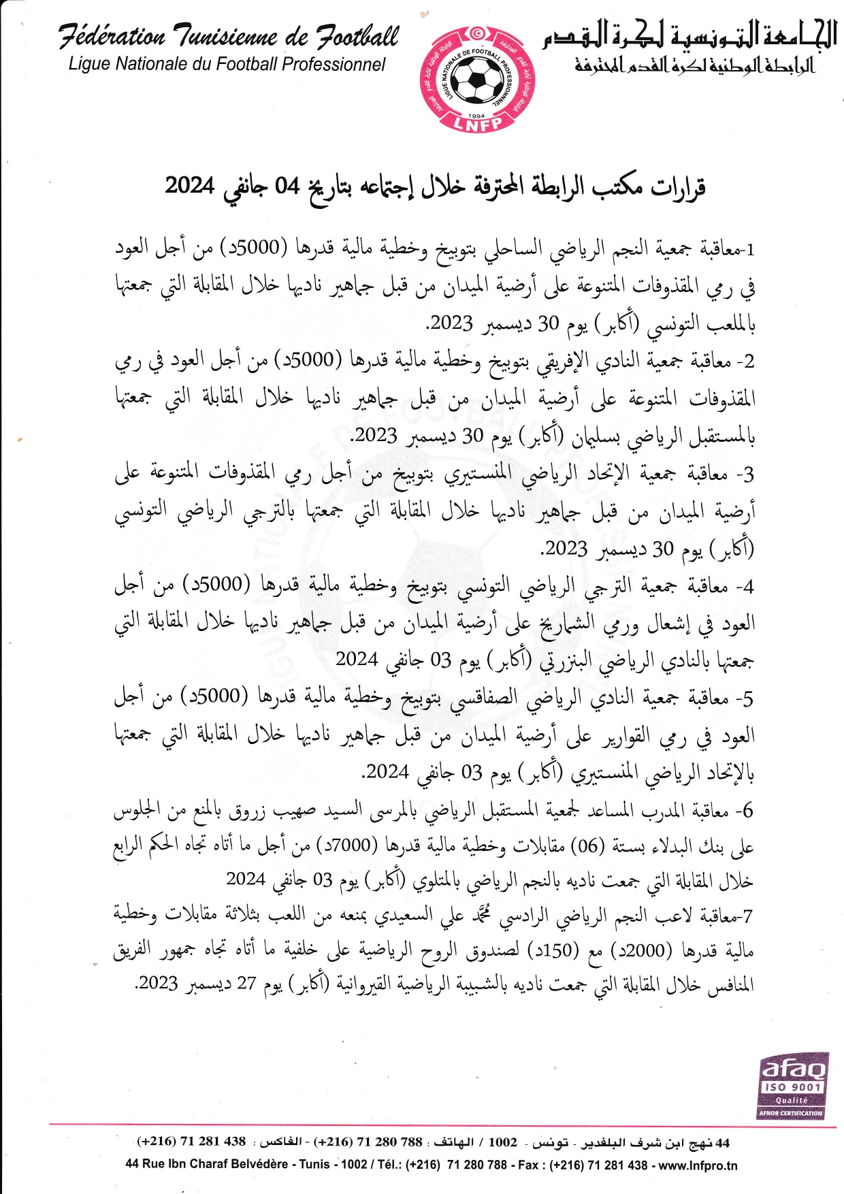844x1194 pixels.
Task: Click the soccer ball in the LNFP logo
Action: (476, 80)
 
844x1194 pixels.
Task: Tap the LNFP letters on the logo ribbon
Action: (478, 124)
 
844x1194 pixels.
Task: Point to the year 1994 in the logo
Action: (477, 116)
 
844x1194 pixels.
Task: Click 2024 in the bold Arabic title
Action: (190, 185)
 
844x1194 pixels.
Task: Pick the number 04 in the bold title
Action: (287, 186)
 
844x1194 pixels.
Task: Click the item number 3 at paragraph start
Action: (749, 474)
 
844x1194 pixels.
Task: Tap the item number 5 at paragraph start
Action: (749, 698)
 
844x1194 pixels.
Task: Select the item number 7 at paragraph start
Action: (749, 916)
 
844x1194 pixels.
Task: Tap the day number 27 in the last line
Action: (246, 984)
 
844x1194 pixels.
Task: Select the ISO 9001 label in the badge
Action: (792, 1087)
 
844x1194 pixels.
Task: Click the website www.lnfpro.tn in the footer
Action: (698, 1165)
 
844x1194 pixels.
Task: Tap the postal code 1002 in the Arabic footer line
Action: (502, 1142)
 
